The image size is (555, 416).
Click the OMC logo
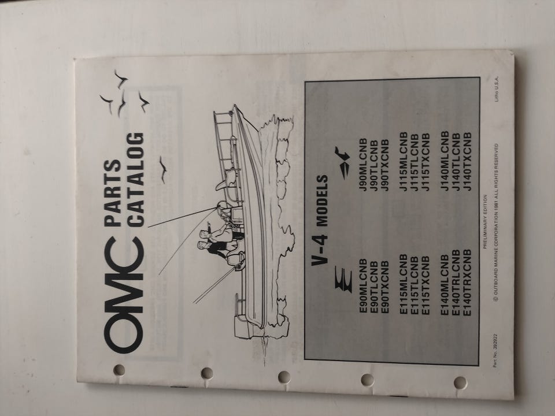pyautogui.click(x=124, y=295)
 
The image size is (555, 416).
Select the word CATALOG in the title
pyautogui.click(x=135, y=180)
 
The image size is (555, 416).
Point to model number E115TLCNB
pyautogui.click(x=415, y=285)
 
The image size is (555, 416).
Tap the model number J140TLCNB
pyautogui.click(x=456, y=161)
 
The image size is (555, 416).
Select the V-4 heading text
pyautogui.click(x=320, y=250)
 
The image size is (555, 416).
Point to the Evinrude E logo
pyautogui.click(x=343, y=280)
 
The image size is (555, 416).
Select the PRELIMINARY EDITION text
pyautogui.click(x=484, y=221)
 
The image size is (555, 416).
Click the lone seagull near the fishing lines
pyautogui.click(x=163, y=169)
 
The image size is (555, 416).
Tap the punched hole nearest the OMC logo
pyautogui.click(x=119, y=370)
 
